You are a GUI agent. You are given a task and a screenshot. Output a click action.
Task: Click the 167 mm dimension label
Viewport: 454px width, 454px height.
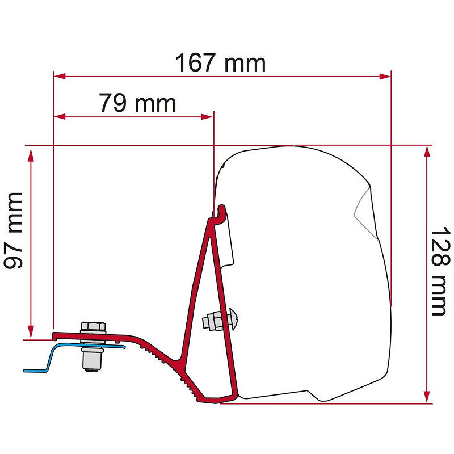pos(220,62)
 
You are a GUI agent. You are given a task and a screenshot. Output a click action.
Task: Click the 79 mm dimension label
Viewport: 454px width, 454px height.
pos(137,103)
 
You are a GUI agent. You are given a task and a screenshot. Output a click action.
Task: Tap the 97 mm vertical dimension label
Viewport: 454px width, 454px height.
pos(13,231)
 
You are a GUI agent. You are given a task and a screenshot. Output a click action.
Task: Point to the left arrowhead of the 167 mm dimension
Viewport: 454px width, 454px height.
pos(60,77)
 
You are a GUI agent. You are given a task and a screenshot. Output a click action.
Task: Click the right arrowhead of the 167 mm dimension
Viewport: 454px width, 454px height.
pos(385,77)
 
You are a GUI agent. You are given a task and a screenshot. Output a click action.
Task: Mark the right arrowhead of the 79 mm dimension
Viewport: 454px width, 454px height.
pos(207,117)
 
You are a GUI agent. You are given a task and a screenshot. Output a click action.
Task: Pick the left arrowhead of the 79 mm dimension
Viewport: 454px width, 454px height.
pos(60,117)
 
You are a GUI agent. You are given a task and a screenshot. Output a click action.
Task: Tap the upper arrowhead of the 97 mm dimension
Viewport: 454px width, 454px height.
pos(31,155)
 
